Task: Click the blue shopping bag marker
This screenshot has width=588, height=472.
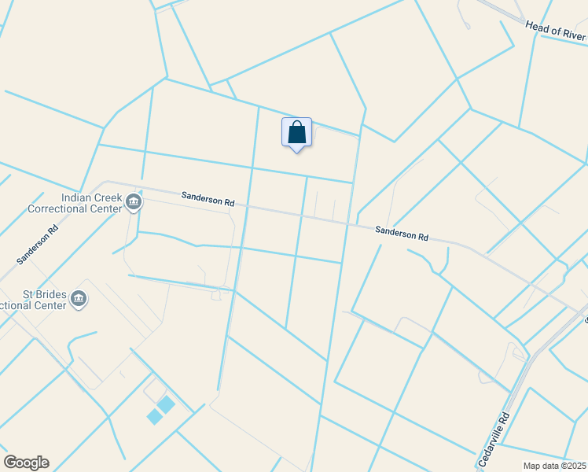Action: (296, 132)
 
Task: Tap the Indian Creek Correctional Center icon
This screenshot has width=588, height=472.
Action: (133, 204)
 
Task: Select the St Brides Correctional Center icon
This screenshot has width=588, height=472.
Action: (78, 299)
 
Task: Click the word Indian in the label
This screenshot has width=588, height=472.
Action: (78, 198)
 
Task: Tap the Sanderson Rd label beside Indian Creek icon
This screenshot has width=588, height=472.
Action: (208, 199)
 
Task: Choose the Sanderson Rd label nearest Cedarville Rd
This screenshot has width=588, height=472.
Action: (402, 234)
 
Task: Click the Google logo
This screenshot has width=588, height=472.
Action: (26, 463)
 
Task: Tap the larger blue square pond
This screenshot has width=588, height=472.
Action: (166, 404)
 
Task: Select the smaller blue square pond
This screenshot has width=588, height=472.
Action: (154, 417)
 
